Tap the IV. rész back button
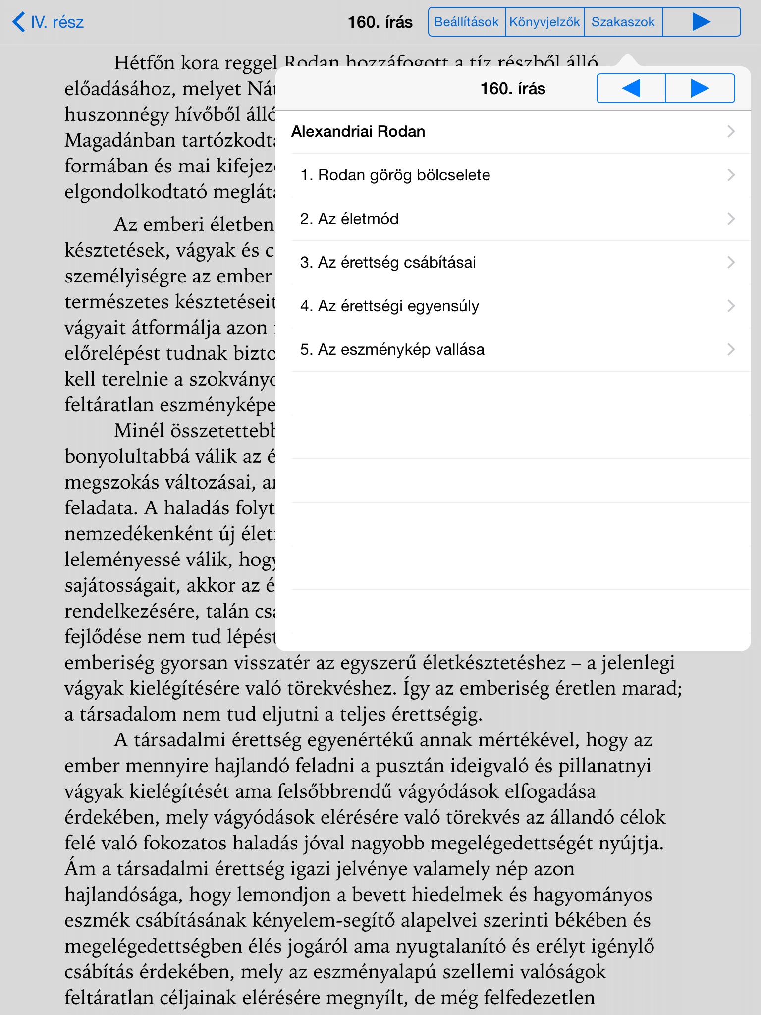(48, 22)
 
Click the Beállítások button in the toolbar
(466, 22)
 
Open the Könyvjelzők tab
(544, 22)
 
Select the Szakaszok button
(623, 22)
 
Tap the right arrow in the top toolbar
(701, 22)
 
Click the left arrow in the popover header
(631, 88)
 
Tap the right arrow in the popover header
(700, 88)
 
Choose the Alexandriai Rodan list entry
(358, 132)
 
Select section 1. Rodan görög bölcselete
(395, 175)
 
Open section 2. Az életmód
(349, 219)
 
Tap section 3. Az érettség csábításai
(388, 263)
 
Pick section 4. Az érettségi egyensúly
(389, 306)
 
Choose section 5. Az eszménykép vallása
(392, 350)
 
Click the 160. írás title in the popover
(513, 89)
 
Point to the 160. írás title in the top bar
(380, 22)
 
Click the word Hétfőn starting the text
(144, 63)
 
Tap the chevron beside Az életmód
(731, 219)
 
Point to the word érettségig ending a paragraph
(436, 714)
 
